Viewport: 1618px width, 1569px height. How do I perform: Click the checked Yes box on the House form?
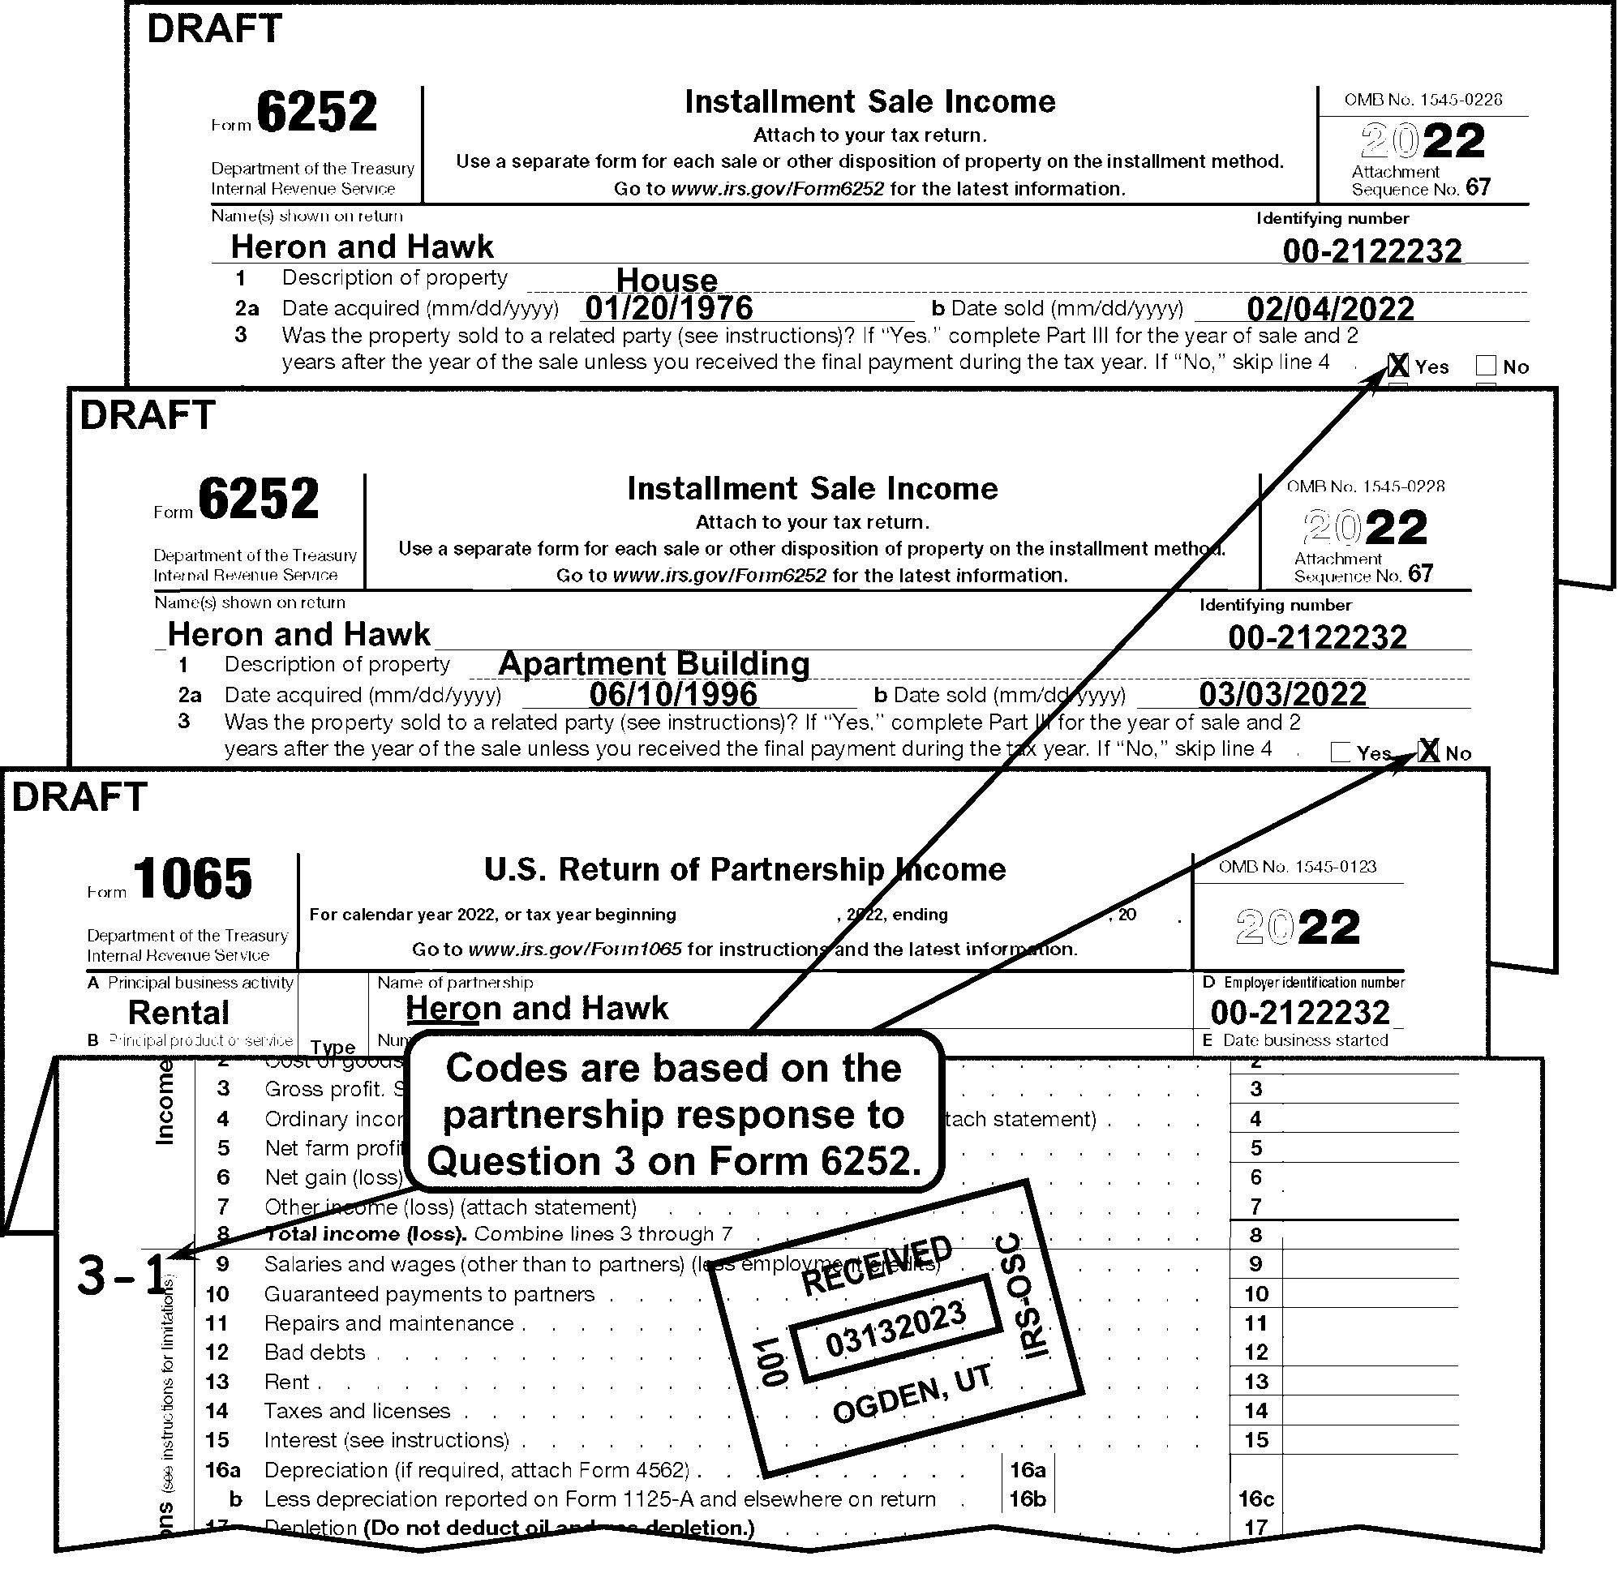pyautogui.click(x=1398, y=366)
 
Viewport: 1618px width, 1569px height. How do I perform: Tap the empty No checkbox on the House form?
pyautogui.click(x=1486, y=366)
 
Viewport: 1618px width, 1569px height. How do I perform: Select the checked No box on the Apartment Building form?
pyautogui.click(x=1428, y=751)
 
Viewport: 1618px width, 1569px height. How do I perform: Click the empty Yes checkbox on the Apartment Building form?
pyautogui.click(x=1341, y=752)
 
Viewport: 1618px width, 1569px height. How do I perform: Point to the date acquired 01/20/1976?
pyautogui.click(x=668, y=308)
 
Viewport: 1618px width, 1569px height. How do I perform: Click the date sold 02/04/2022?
pyautogui.click(x=1331, y=309)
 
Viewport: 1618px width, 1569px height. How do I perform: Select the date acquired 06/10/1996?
pyautogui.click(x=673, y=694)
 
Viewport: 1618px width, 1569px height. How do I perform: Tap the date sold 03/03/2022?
pyautogui.click(x=1283, y=694)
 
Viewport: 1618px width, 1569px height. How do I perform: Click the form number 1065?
pyautogui.click(x=191, y=878)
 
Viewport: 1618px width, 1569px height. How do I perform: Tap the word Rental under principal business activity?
pyautogui.click(x=178, y=1013)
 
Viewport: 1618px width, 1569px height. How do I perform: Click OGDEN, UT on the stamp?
pyautogui.click(x=912, y=1397)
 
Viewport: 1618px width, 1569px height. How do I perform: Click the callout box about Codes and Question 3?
pyautogui.click(x=674, y=1114)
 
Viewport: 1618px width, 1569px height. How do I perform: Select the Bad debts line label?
pyautogui.click(x=315, y=1352)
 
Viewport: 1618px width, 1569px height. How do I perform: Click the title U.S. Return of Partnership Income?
pyautogui.click(x=745, y=870)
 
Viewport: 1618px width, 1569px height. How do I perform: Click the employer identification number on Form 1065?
pyautogui.click(x=1300, y=1013)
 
